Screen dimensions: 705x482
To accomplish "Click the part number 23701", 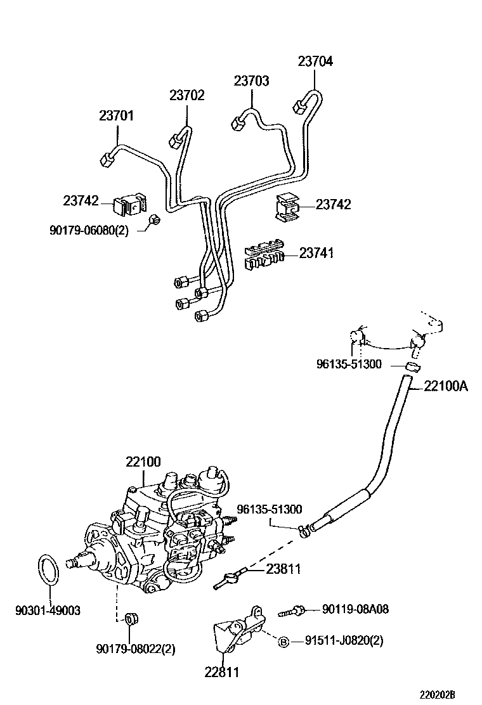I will pos(116,116).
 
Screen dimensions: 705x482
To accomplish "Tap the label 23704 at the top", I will pos(315,61).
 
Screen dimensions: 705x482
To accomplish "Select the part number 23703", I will pos(251,81).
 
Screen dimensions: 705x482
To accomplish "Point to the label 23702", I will pos(187,95).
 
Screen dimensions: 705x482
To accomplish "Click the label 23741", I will pos(316,254).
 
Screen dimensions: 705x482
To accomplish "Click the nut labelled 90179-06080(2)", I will pos(154,221).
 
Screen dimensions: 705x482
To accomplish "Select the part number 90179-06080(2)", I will pos(89,231).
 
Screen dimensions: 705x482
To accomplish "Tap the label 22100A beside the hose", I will pos(446,385).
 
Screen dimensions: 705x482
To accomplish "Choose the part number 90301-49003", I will pos(48,611).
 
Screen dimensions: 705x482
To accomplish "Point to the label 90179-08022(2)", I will pos(136,649).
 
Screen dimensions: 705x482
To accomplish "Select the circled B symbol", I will pos(284,642).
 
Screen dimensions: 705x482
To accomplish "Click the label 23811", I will pos(283,569).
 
